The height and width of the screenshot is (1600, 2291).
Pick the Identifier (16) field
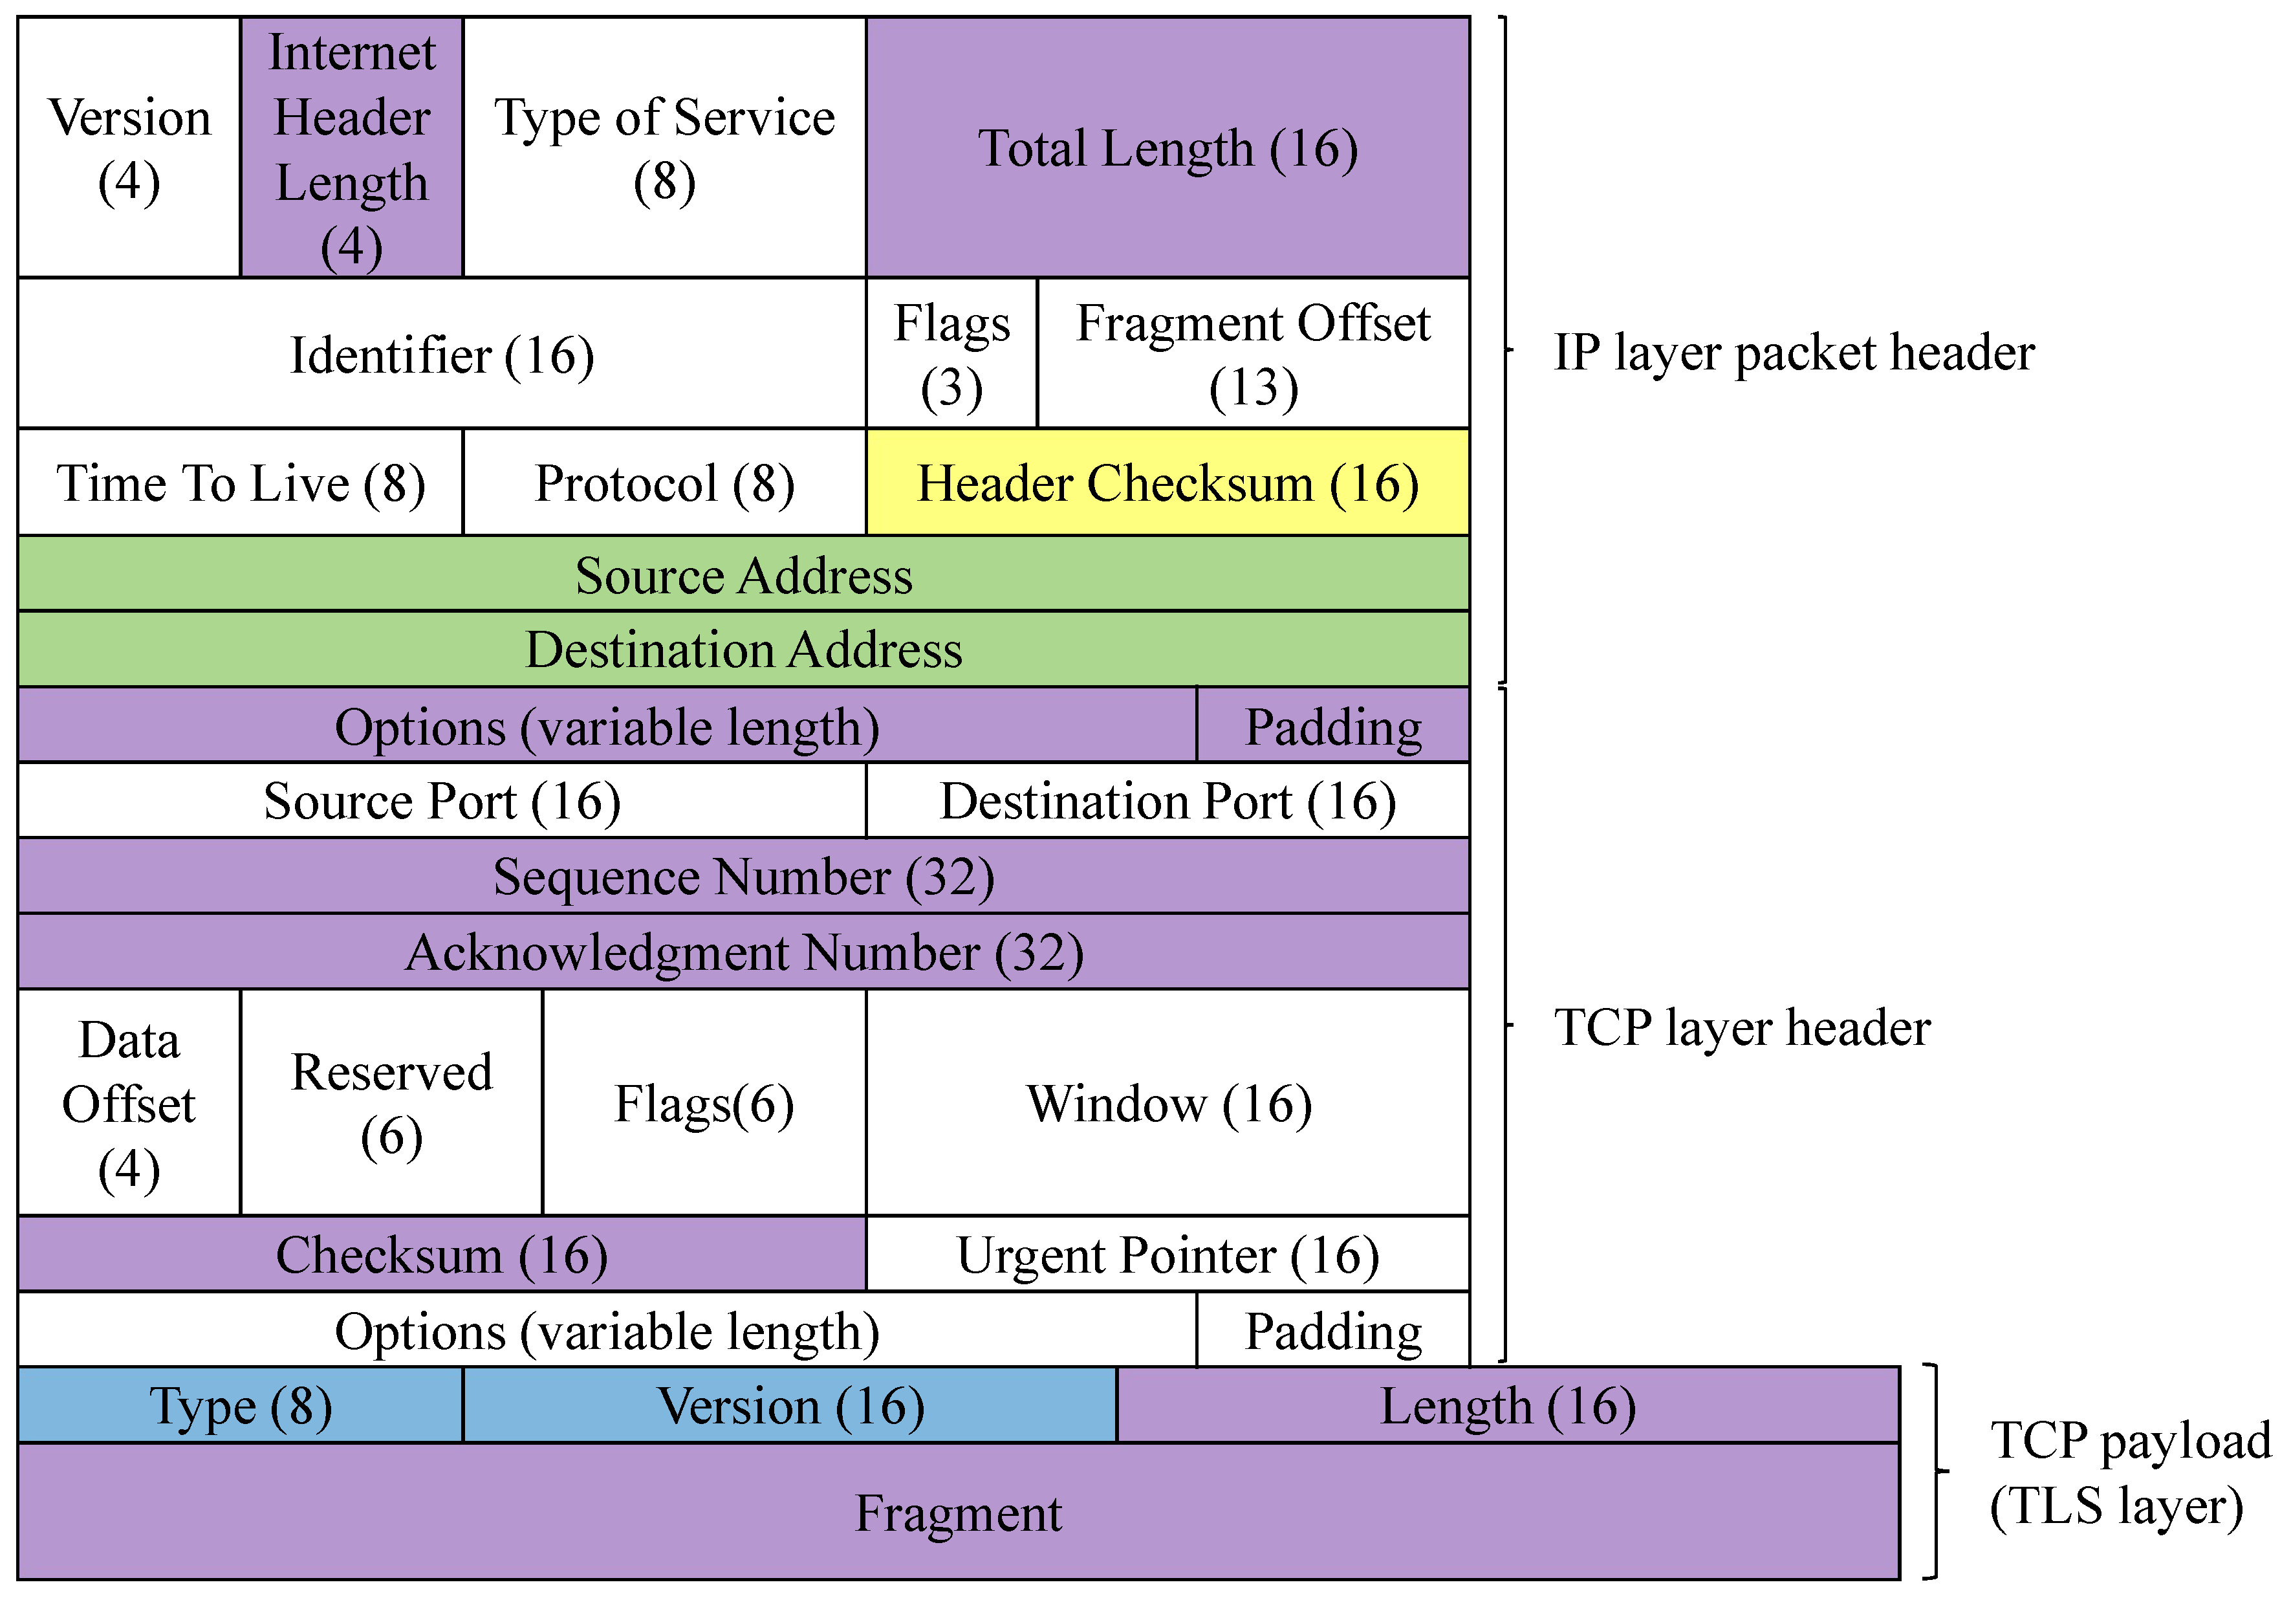(x=441, y=355)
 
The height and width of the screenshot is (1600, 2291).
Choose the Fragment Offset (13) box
(x=1254, y=355)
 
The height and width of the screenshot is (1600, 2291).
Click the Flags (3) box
(x=952, y=355)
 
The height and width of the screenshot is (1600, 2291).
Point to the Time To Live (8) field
(x=241, y=483)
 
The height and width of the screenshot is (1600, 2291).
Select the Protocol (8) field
(x=664, y=483)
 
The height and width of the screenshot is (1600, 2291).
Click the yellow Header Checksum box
(x=1167, y=483)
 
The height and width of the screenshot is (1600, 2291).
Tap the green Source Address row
(x=743, y=575)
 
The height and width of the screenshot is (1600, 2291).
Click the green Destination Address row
(x=743, y=650)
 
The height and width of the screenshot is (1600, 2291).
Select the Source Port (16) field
(x=441, y=802)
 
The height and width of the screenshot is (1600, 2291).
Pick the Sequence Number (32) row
(x=743, y=877)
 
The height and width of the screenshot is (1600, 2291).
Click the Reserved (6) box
(x=391, y=1103)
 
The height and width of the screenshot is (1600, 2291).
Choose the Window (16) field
(x=1167, y=1103)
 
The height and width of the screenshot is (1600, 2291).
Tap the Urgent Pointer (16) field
(x=1167, y=1255)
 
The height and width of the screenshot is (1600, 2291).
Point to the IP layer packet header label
(x=1793, y=353)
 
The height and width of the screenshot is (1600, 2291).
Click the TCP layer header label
(x=1741, y=1027)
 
